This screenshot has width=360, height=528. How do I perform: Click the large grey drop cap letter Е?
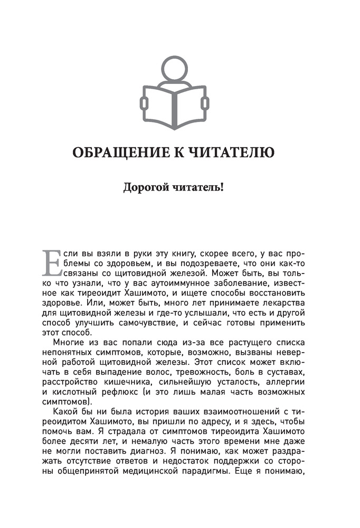coord(51,262)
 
